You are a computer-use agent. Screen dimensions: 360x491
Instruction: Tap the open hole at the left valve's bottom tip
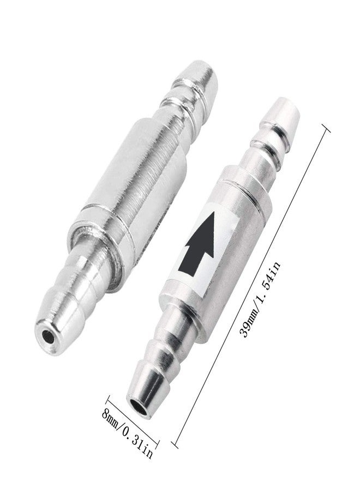click(x=47, y=336)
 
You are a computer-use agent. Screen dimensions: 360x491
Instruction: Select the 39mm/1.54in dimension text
click(x=260, y=300)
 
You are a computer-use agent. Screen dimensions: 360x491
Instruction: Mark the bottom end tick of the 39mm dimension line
click(x=175, y=444)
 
